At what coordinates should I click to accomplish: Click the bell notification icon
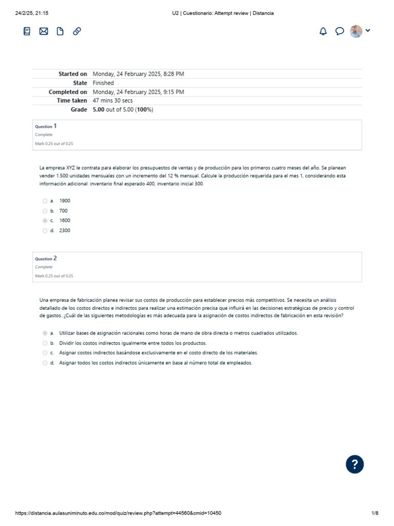[323, 31]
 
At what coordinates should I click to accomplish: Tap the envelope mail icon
[44, 31]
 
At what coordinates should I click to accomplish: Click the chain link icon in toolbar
[77, 31]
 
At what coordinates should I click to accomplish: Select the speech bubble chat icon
[339, 31]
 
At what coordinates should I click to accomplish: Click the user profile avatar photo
[356, 31]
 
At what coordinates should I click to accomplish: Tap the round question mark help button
[355, 464]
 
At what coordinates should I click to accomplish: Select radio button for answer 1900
[45, 201]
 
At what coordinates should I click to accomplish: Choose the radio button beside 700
[45, 211]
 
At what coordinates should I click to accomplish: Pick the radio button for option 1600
[45, 221]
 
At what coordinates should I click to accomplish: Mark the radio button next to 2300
[45, 231]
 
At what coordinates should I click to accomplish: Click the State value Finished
[103, 83]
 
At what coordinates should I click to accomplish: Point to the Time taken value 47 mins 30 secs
[112, 101]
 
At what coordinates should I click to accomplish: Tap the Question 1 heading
[46, 126]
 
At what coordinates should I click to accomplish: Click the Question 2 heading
[46, 258]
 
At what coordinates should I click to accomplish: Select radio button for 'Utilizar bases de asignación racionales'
[45, 333]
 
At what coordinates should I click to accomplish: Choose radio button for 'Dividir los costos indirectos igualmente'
[45, 343]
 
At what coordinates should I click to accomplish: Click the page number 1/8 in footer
[375, 513]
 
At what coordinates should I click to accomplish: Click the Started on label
[72, 74]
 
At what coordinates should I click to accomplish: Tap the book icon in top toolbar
[27, 31]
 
